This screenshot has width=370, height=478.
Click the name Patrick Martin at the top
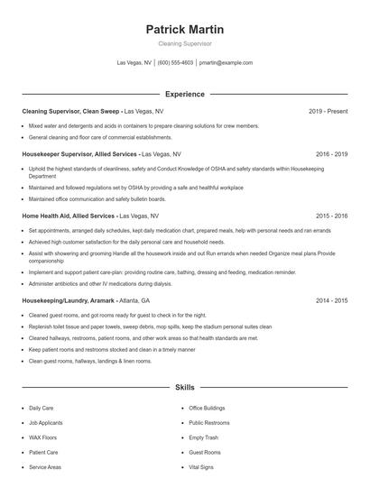coord(184,30)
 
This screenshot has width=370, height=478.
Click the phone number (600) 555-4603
coord(175,63)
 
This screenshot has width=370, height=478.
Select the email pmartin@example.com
coord(226,63)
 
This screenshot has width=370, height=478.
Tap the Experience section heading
coord(184,94)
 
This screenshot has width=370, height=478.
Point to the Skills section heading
coord(184,387)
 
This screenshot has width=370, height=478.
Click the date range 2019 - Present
coord(328,111)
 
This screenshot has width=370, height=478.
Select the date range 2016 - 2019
coord(331,155)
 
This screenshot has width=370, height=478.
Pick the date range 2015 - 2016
coord(331,216)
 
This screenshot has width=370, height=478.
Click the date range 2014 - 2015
coord(331,299)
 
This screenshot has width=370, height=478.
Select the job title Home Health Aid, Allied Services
coord(68,216)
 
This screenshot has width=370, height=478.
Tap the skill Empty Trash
coord(203,437)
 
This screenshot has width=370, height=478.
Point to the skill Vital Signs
coord(202,467)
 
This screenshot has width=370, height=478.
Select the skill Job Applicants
coord(46,422)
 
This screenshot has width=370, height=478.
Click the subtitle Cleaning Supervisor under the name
coord(184,43)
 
